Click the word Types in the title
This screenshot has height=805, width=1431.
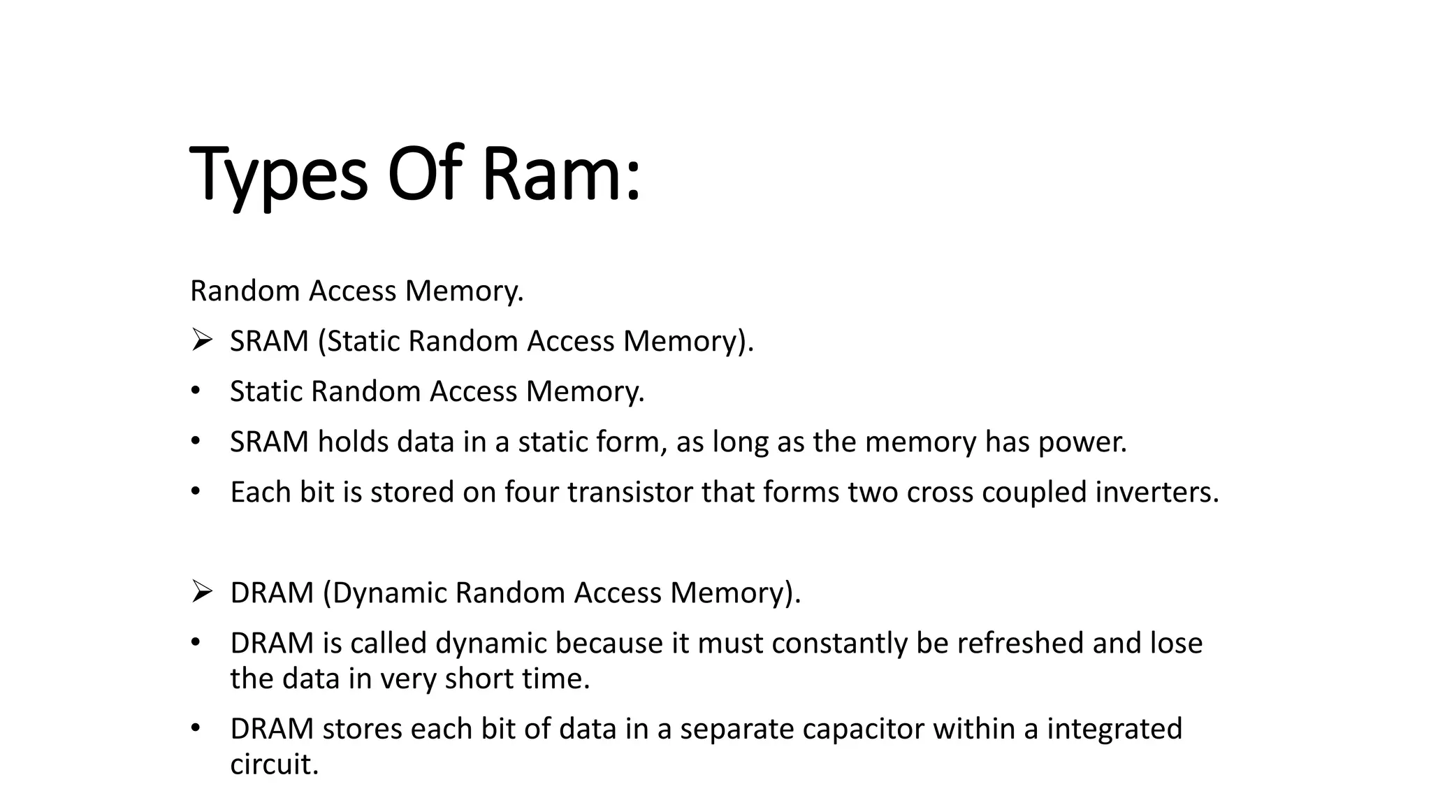[x=278, y=175]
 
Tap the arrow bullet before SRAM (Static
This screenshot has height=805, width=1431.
[x=201, y=341]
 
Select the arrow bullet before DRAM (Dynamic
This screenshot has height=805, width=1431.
[x=201, y=593]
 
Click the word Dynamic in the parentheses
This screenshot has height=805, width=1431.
[x=388, y=593]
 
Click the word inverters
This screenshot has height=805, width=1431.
[x=1156, y=492]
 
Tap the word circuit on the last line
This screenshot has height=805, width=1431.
[x=273, y=764]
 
